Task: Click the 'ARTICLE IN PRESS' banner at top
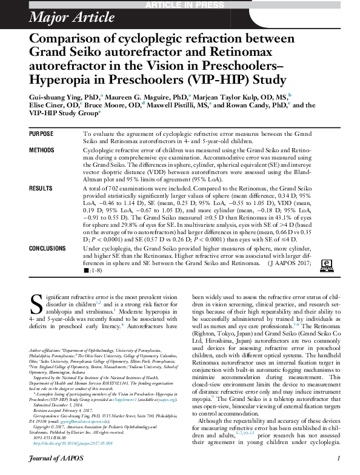[x=179, y=5]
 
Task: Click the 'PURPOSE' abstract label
[x=42, y=133]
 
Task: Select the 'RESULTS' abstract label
[x=41, y=189]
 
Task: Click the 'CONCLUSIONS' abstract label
[x=50, y=248]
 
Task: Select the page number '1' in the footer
[x=338, y=459]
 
